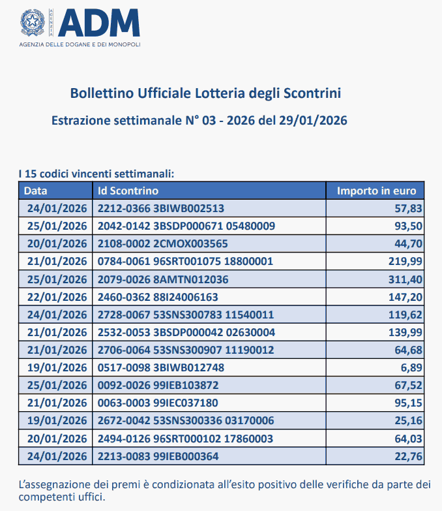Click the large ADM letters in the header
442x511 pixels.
[x=99, y=23]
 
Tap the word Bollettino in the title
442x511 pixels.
[x=100, y=94]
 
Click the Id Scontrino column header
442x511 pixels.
[x=128, y=191]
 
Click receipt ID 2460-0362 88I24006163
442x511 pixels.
[x=158, y=297]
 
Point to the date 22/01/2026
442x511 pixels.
[x=57, y=297]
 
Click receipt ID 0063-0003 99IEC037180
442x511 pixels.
[x=158, y=403]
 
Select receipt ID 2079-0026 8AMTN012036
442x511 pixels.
[x=163, y=279]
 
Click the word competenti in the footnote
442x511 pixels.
[x=46, y=497]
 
